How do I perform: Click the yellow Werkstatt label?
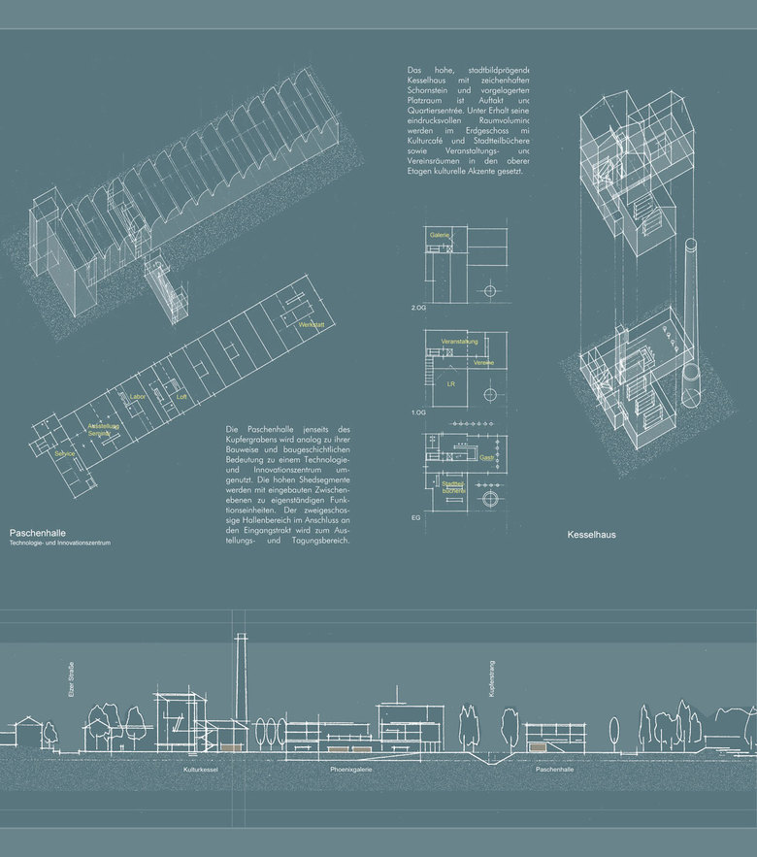(x=311, y=323)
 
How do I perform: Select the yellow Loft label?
(x=181, y=396)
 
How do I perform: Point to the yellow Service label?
(x=67, y=453)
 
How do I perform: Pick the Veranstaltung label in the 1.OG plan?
(x=457, y=343)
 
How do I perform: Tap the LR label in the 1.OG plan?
(x=450, y=384)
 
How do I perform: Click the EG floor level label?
(x=415, y=518)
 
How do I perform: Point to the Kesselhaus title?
(x=591, y=534)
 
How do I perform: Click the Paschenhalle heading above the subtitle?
(x=37, y=533)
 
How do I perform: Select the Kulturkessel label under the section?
(x=201, y=770)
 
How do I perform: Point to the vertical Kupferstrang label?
(x=493, y=681)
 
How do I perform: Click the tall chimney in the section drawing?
(x=240, y=679)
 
